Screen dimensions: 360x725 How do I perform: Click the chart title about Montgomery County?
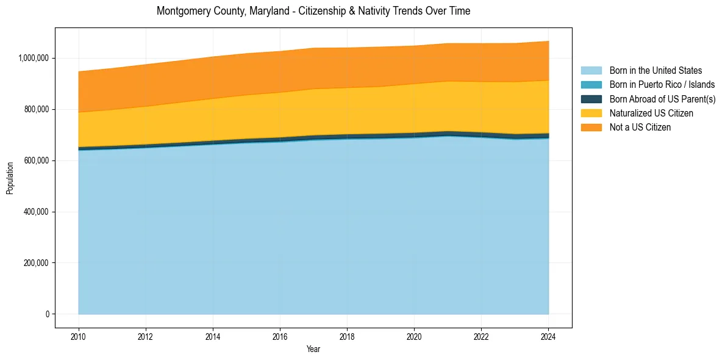click(x=313, y=11)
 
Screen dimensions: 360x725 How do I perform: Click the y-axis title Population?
click(x=10, y=178)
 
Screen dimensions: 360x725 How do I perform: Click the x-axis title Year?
click(x=313, y=349)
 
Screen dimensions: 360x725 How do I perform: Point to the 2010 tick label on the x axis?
click(x=79, y=336)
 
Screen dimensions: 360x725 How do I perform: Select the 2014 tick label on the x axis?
click(x=213, y=336)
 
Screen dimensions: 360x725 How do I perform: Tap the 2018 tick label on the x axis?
click(x=347, y=336)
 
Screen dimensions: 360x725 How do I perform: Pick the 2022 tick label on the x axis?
click(x=481, y=336)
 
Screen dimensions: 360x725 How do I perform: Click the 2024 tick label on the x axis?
click(x=548, y=336)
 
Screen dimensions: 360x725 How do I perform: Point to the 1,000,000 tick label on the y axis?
click(x=35, y=58)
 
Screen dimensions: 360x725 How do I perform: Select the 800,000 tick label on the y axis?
click(x=37, y=109)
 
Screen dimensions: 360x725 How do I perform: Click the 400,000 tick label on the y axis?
click(x=37, y=212)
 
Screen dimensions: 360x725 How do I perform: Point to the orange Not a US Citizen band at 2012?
click(x=146, y=85)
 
